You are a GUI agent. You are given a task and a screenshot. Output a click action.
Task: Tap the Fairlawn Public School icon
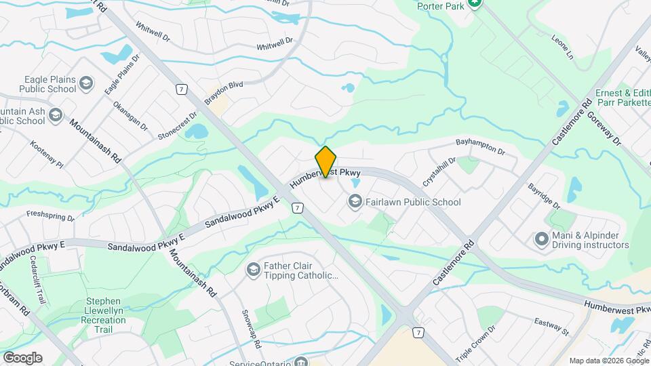[354, 201]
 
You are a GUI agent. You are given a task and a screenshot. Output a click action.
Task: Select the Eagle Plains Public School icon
[86, 83]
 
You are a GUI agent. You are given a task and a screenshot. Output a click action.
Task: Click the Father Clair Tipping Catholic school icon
[253, 270]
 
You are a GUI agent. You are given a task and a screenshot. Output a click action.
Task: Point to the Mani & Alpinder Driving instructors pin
[541, 239]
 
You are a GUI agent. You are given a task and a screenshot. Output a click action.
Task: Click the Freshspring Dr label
[50, 216]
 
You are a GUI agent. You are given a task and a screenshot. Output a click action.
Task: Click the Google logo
[22, 357]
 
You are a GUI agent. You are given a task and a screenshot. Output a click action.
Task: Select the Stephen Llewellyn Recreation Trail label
[103, 314]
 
